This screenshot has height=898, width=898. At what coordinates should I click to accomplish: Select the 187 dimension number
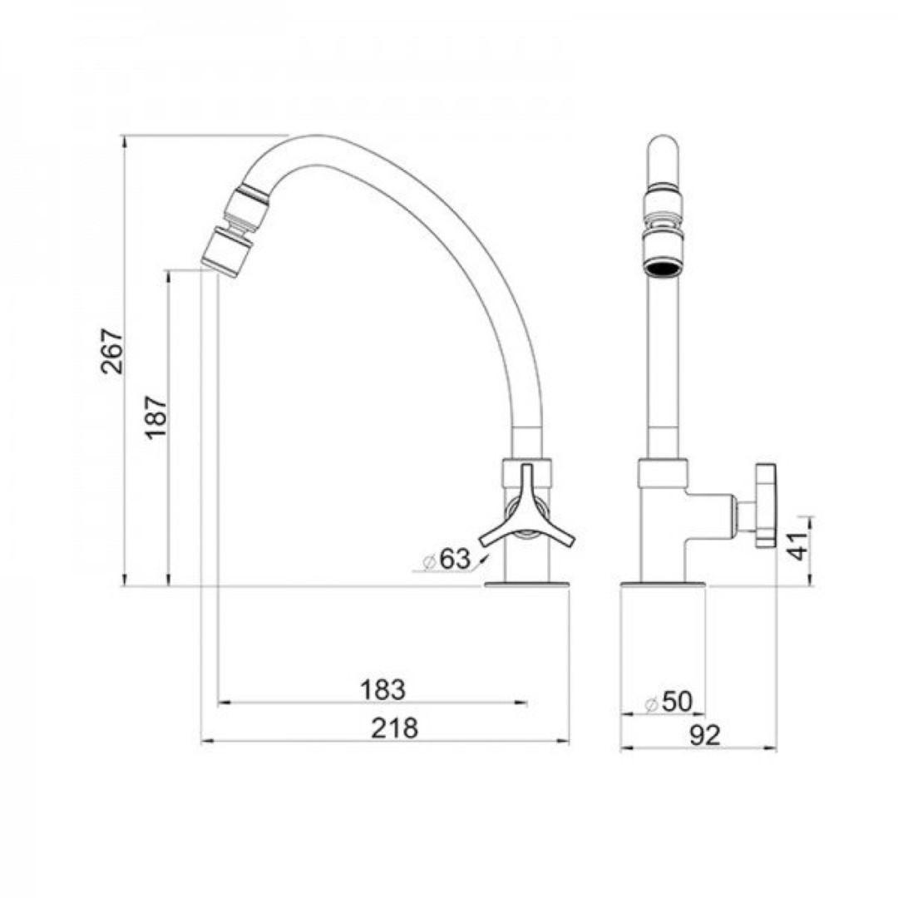[x=157, y=418]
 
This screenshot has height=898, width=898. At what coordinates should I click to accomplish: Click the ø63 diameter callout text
[x=447, y=560]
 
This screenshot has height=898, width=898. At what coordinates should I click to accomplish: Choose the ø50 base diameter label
[x=669, y=703]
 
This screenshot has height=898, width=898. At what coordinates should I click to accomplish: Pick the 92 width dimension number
[x=703, y=735]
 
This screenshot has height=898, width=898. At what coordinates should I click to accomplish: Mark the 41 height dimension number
[x=798, y=545]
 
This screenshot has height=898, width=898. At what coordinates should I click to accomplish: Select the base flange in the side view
[x=527, y=585]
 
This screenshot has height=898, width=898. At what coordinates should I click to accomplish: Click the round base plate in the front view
[x=663, y=585]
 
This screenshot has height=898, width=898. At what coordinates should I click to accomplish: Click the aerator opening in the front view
[x=663, y=269]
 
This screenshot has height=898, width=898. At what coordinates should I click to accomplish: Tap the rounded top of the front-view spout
[x=663, y=146]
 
